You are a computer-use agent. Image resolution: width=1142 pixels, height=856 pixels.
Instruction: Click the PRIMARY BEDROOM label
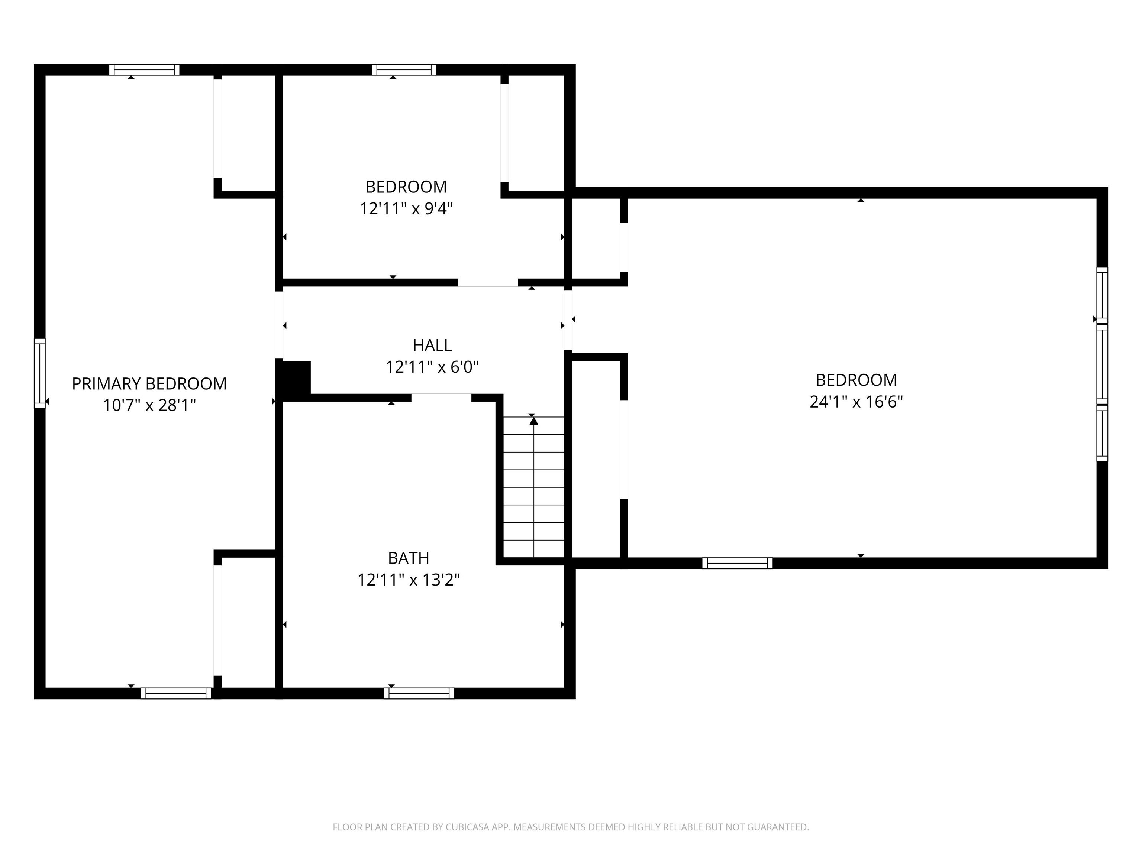tap(149, 384)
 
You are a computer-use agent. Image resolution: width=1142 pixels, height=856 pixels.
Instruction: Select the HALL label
tap(432, 345)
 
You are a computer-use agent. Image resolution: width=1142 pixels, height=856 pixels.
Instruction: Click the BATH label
tap(409, 558)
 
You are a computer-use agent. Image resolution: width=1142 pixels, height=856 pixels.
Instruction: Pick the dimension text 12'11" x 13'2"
tap(409, 580)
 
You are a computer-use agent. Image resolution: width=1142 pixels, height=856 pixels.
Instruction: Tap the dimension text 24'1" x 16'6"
tap(856, 401)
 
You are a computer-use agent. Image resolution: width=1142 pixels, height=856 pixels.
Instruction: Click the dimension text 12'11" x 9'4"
tap(406, 208)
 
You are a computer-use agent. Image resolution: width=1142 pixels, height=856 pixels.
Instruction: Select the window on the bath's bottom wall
tap(419, 693)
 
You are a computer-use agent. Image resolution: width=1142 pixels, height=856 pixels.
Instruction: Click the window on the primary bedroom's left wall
tap(40, 373)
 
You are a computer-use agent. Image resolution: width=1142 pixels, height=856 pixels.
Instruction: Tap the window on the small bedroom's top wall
tap(404, 69)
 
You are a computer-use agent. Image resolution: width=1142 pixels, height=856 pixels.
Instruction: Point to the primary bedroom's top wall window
tap(144, 69)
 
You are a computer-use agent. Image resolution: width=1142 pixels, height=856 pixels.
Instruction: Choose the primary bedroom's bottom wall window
tap(176, 693)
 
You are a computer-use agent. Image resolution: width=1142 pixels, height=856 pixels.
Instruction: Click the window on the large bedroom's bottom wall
tap(737, 563)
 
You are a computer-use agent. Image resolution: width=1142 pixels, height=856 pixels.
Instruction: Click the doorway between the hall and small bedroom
tap(488, 283)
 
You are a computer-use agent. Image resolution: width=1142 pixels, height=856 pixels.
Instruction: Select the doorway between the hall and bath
tap(441, 397)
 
